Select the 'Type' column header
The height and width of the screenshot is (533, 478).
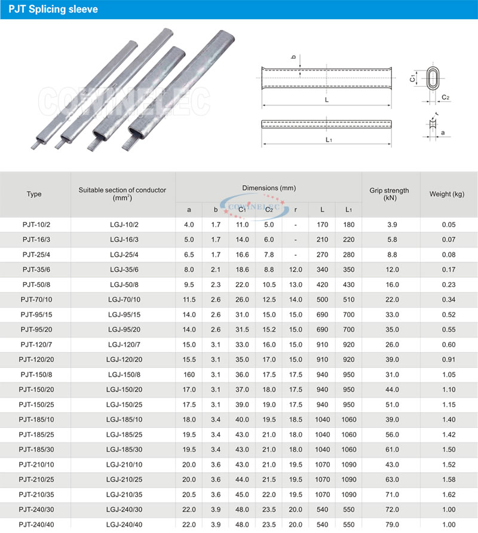34,194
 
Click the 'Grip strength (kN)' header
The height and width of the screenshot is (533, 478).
389,194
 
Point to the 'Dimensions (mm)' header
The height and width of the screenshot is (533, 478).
268,188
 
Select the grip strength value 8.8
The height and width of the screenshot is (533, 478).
389,255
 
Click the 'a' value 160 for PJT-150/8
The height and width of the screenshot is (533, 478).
189,374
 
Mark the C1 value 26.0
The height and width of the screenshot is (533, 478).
242,299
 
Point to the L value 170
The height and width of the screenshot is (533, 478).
323,225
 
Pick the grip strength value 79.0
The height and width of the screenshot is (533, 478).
389,524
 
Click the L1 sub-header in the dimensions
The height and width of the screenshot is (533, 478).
349,210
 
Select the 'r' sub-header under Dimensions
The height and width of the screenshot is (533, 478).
296,210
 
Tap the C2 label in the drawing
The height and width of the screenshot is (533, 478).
445,97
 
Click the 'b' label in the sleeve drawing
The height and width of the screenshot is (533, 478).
293,57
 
